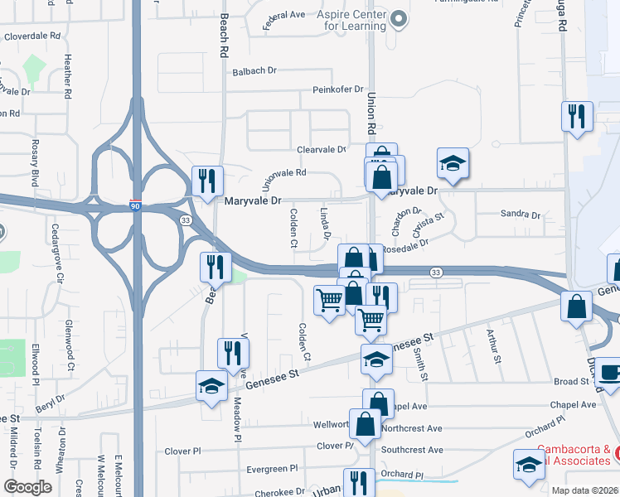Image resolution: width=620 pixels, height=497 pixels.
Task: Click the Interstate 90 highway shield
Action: pyautogui.click(x=135, y=206)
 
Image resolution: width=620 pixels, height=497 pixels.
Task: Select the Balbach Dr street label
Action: pyautogui.click(x=254, y=71)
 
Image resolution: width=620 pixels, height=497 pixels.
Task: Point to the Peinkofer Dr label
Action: pyautogui.click(x=338, y=89)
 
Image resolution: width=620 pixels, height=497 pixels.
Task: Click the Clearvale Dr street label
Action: pyautogui.click(x=322, y=150)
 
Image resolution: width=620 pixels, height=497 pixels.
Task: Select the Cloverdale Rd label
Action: pyautogui.click(x=33, y=36)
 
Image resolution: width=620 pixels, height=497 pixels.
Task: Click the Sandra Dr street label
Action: pyautogui.click(x=520, y=215)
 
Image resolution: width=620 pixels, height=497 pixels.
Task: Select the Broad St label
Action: pyautogui.click(x=571, y=382)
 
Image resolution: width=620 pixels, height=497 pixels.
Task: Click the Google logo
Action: pyautogui.click(x=27, y=487)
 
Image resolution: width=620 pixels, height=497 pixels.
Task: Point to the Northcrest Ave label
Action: pyautogui.click(x=413, y=429)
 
